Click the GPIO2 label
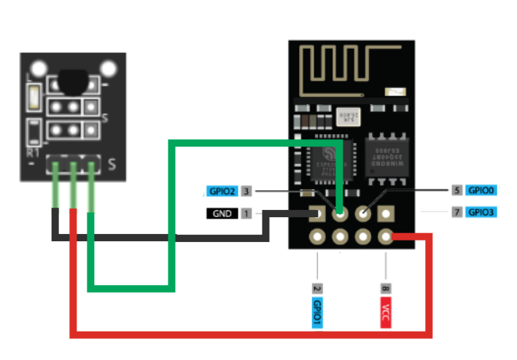pyautogui.click(x=222, y=192)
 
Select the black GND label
pyautogui.click(x=222, y=214)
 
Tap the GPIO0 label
pyautogui.click(x=481, y=190)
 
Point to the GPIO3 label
pyautogui.click(x=481, y=213)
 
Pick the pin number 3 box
pyautogui.click(x=246, y=192)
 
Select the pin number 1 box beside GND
pyautogui.click(x=246, y=214)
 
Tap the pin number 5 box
pyautogui.click(x=456, y=190)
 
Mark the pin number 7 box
pyautogui.click(x=456, y=213)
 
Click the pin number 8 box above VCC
pyautogui.click(x=386, y=288)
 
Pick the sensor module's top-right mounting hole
pyautogui.click(x=109, y=69)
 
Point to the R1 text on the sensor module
pyautogui.click(x=33, y=154)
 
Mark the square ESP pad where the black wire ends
pyautogui.click(x=318, y=214)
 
